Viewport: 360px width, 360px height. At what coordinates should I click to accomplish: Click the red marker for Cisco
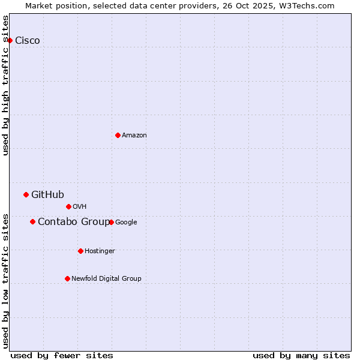(10, 40)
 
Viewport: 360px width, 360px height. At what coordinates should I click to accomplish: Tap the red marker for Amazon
(118, 135)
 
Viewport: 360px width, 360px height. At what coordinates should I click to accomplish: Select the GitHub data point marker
(26, 194)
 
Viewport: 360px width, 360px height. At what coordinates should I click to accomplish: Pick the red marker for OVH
(68, 206)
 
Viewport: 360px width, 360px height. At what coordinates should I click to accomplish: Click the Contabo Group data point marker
(32, 221)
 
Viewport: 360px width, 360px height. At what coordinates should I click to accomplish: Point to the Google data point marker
(111, 222)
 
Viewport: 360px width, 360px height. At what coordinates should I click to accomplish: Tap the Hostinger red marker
(80, 251)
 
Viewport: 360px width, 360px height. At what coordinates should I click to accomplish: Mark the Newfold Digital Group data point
(67, 278)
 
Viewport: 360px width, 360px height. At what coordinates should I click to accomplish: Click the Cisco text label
(28, 41)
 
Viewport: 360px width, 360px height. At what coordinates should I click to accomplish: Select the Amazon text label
(134, 136)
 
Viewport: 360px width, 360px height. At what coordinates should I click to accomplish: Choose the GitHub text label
(47, 194)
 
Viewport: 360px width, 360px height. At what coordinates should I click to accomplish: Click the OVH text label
(80, 207)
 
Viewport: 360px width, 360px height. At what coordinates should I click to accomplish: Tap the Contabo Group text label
(73, 222)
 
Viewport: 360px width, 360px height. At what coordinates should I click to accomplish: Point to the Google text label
(126, 223)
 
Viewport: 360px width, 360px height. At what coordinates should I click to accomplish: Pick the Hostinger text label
(100, 251)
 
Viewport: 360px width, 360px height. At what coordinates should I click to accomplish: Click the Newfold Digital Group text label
(106, 279)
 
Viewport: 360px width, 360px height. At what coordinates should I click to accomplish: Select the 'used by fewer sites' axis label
(62, 355)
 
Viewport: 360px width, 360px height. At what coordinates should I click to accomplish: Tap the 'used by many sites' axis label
(301, 355)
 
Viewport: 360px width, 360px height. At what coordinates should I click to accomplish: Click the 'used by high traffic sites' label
(6, 86)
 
